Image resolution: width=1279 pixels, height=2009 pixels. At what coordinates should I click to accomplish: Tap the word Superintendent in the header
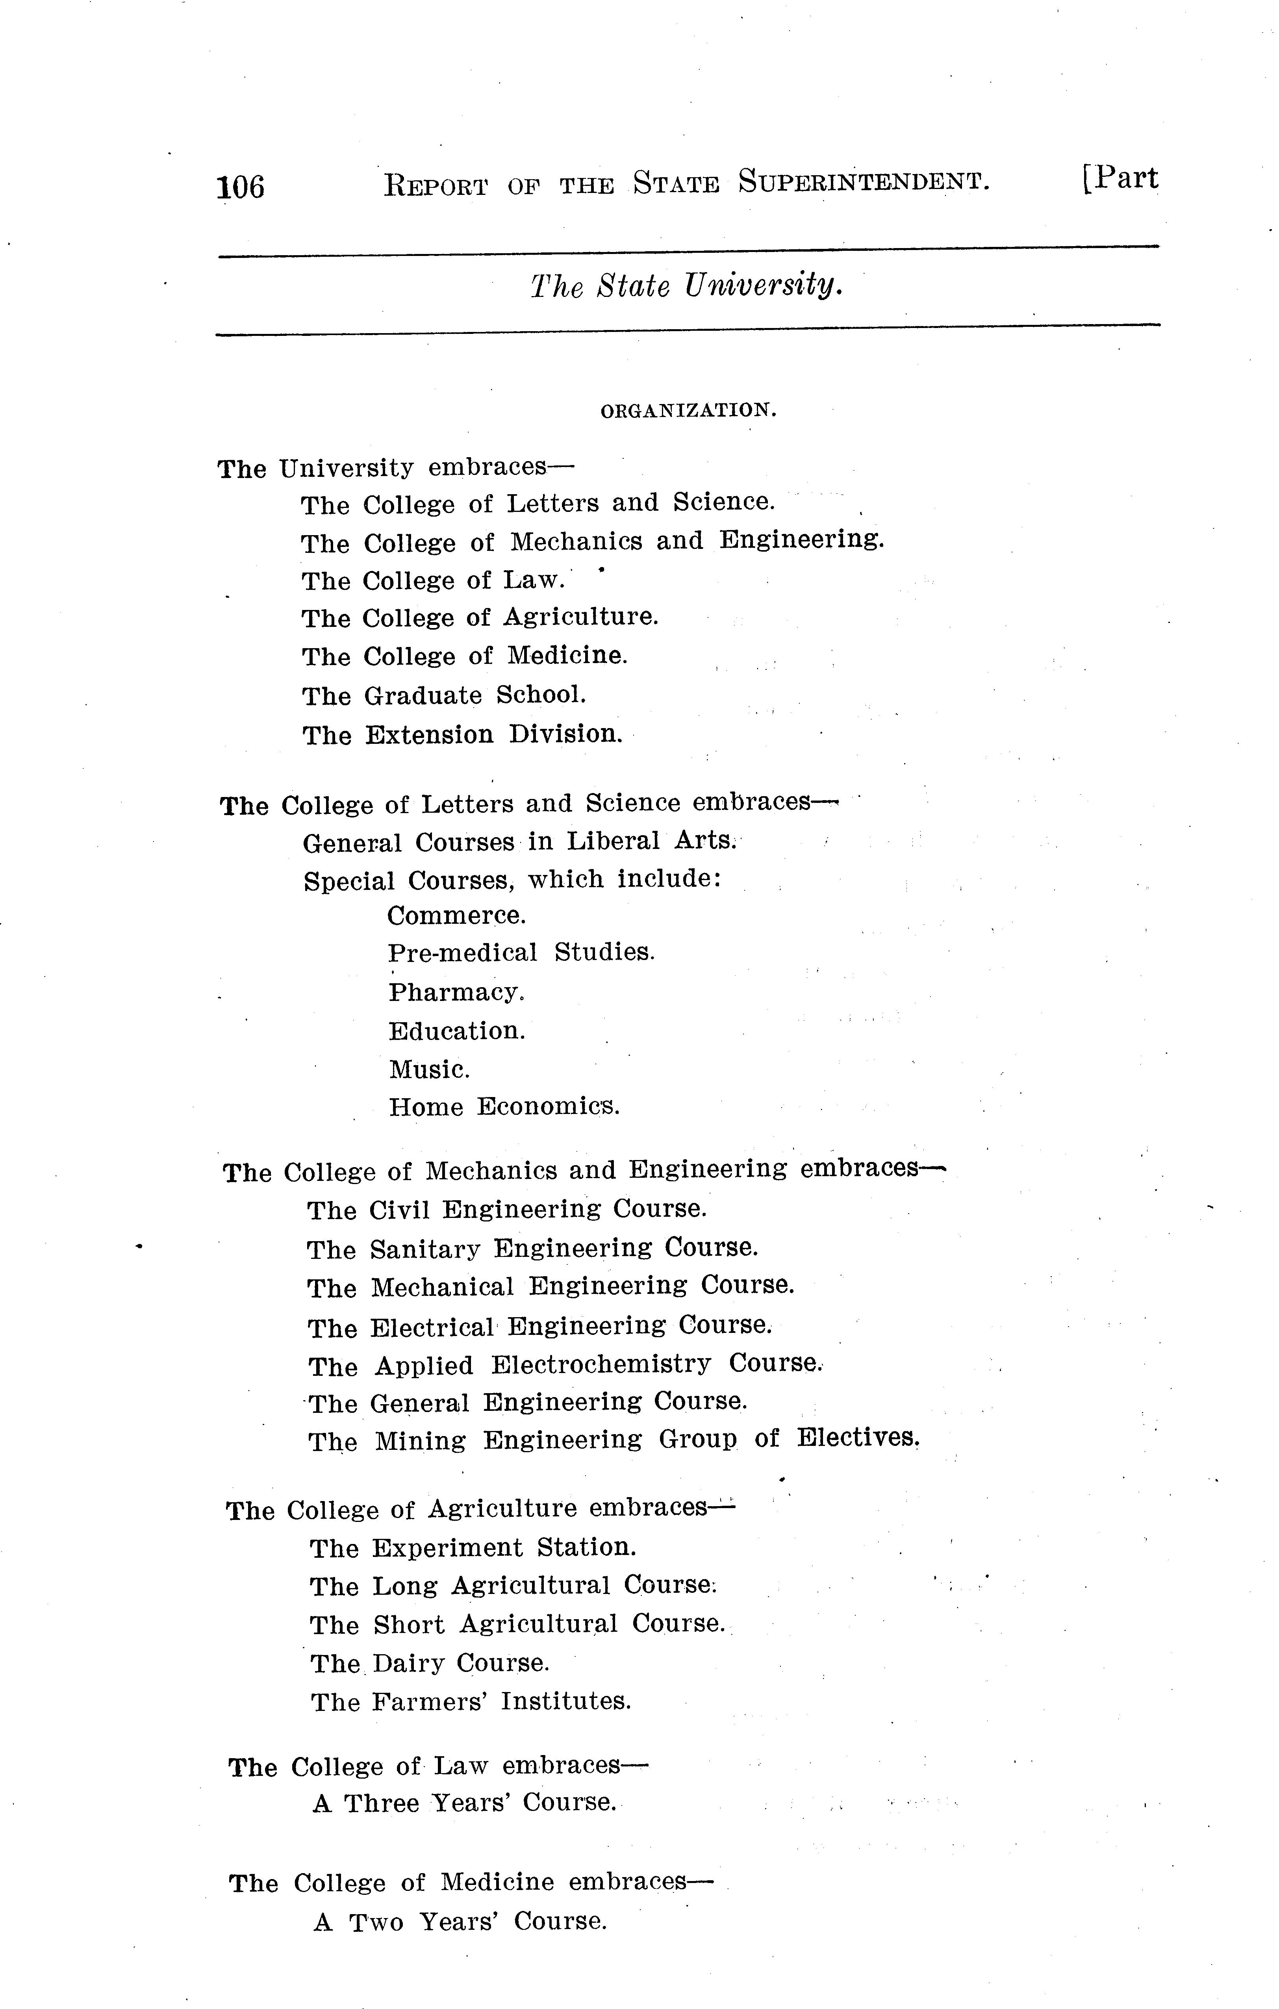(x=864, y=181)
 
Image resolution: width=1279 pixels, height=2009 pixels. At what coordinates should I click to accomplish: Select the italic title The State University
(x=686, y=286)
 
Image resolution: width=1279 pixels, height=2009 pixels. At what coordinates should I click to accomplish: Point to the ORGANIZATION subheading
(x=688, y=410)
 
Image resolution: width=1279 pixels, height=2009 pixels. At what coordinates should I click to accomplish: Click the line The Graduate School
(x=444, y=695)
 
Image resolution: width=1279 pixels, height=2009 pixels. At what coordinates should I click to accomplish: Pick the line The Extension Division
(x=462, y=734)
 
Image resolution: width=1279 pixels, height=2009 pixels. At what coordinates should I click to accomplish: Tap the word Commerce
(x=456, y=916)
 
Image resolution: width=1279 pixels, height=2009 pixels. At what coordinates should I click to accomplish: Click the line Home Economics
(x=504, y=1107)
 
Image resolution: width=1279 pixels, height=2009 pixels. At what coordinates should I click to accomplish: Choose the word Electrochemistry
(x=600, y=1365)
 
